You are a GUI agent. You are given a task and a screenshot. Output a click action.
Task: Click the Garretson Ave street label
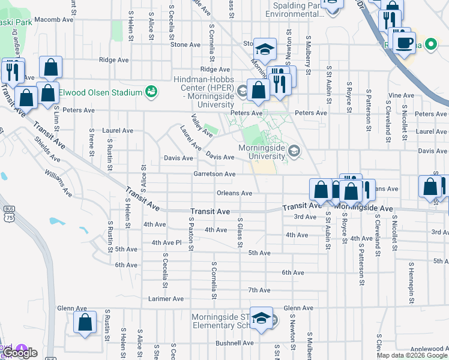coord(214,174)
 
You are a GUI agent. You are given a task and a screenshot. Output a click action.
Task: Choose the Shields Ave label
coord(46,149)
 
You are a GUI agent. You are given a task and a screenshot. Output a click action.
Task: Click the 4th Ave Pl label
coord(166,242)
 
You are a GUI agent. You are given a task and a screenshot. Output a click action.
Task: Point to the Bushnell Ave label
coord(235,343)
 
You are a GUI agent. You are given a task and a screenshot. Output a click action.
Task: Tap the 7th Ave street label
coord(259,290)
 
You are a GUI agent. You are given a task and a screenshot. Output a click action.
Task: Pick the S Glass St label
coord(240,232)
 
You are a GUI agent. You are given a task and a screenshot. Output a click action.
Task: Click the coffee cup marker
coord(404,42)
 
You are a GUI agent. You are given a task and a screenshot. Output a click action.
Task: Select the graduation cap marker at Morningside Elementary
coord(261,318)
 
